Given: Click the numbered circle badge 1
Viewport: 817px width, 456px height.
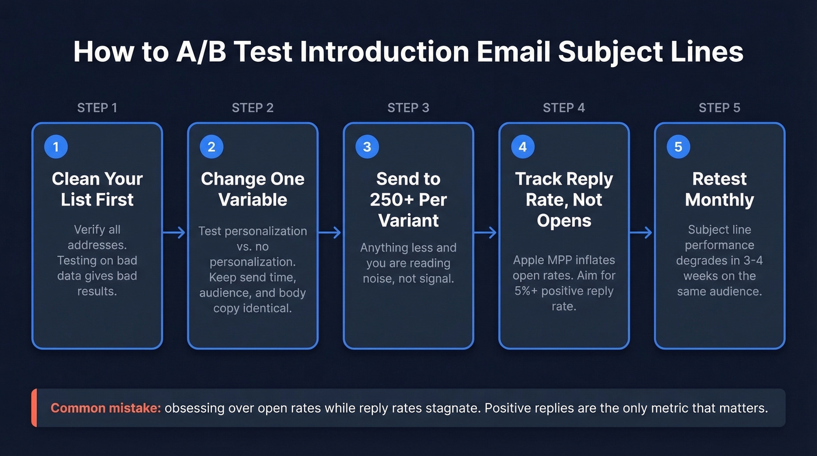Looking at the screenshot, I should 56,147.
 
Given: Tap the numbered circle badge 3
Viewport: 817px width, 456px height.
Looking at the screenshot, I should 367,147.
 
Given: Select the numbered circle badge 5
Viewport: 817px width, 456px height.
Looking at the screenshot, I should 678,147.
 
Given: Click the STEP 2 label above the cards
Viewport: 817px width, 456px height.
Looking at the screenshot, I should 253,108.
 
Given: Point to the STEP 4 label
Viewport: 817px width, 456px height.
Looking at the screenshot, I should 564,108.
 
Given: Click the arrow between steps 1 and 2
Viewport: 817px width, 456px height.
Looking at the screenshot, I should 174,233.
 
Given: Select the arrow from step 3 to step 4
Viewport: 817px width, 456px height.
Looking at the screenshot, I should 486,233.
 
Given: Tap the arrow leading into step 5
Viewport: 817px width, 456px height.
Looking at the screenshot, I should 641,233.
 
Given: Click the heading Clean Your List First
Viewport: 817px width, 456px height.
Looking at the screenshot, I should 97,189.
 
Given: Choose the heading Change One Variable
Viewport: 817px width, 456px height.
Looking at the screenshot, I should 253,189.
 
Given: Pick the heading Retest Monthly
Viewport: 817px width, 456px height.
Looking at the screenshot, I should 720,189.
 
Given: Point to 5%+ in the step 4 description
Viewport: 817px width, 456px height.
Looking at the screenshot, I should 527,291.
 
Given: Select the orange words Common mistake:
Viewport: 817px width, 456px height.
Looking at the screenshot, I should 106,408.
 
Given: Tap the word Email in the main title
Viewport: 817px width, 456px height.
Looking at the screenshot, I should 511,53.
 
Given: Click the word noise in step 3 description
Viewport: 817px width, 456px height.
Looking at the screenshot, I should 379,279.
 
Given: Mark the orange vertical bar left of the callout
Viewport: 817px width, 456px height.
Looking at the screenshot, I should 34,408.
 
